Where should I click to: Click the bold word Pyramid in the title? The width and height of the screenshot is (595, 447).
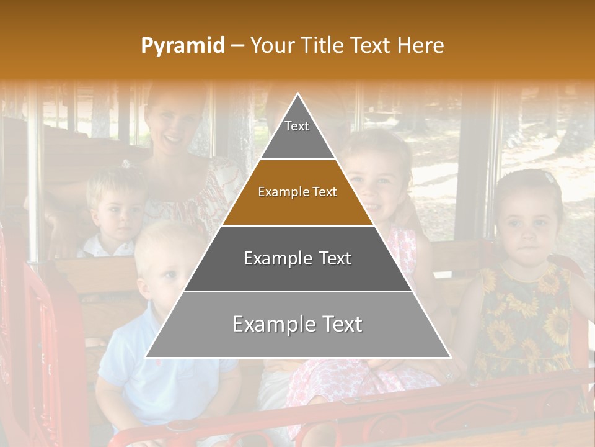point(182,46)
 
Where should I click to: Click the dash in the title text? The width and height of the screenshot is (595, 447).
point(237,46)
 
